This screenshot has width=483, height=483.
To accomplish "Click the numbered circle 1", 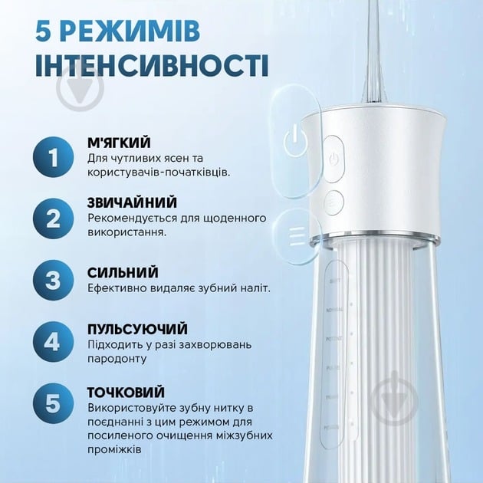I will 52,158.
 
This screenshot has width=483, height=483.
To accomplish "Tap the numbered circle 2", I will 52,219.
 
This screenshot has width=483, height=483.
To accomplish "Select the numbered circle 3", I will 52,280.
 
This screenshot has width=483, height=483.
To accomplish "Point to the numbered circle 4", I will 52,341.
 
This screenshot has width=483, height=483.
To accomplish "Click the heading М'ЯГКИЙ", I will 119,143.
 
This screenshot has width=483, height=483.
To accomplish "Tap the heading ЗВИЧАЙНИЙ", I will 132,203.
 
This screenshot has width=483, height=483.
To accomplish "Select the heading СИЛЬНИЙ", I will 123,272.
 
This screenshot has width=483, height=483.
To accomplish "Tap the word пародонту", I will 117,358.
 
